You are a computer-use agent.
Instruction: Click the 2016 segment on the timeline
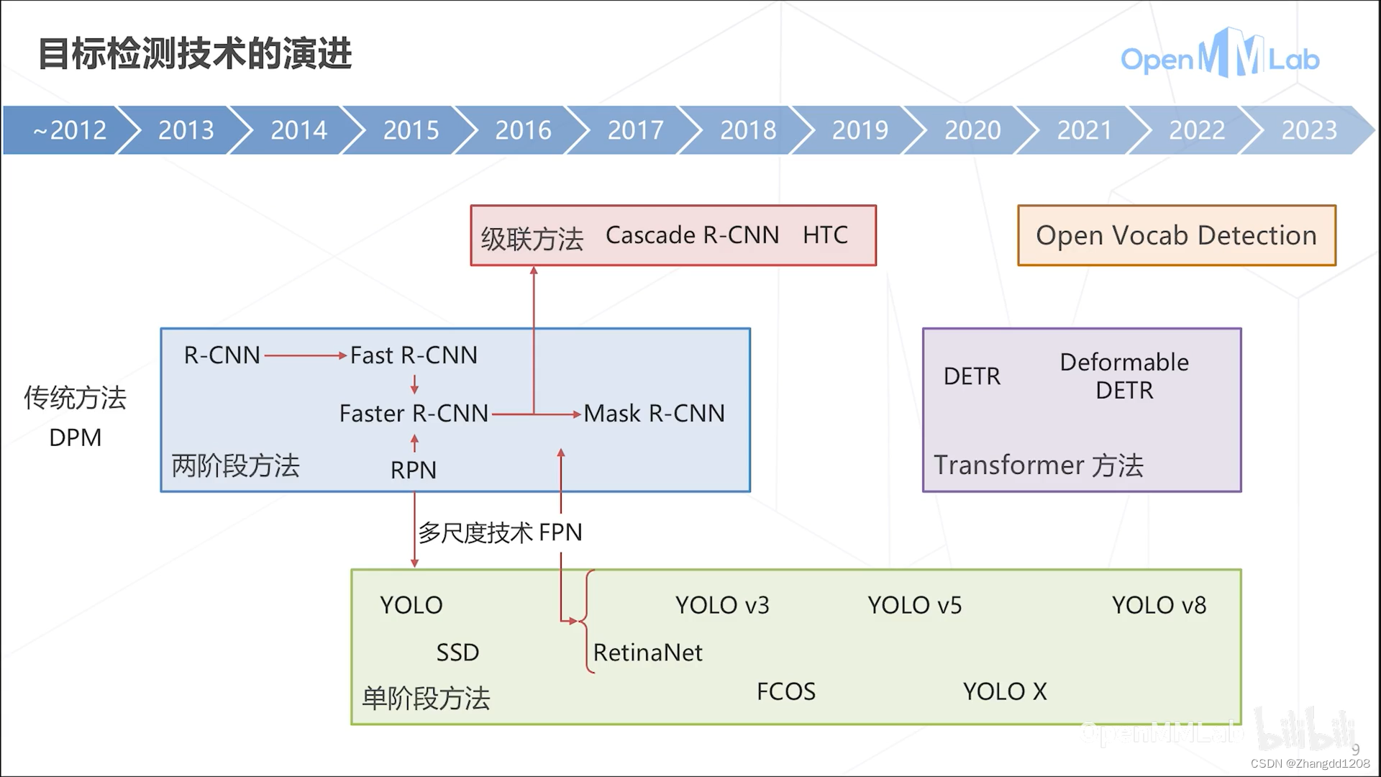(x=523, y=130)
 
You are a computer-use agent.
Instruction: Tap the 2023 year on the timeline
(x=1308, y=130)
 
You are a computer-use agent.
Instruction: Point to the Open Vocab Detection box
(x=1177, y=235)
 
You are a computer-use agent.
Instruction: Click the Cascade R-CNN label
(x=692, y=235)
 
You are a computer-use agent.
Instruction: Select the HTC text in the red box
(x=825, y=235)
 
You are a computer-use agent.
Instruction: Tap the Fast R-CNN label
(x=414, y=355)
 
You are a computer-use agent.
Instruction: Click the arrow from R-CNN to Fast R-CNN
(x=306, y=355)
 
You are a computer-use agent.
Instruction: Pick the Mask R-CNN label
(x=654, y=414)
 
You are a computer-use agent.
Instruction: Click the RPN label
(x=414, y=471)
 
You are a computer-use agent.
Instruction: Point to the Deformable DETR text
(x=1124, y=376)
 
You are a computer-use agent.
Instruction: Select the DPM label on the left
(x=76, y=438)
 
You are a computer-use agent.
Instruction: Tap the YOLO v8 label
(x=1159, y=606)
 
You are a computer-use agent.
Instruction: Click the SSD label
(x=457, y=653)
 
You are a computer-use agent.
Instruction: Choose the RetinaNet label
(x=647, y=653)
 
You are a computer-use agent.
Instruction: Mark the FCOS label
(x=786, y=692)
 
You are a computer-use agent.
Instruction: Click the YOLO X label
(x=1005, y=692)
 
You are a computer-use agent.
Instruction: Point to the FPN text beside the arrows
(x=560, y=533)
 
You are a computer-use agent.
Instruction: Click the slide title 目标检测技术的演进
(x=195, y=54)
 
